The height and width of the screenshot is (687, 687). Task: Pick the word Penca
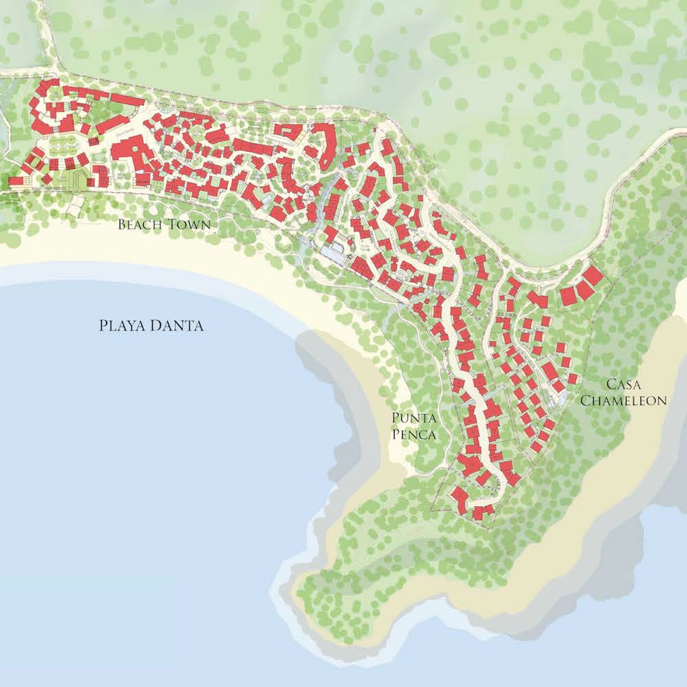click(x=414, y=434)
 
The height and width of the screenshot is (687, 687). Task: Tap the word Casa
click(x=623, y=385)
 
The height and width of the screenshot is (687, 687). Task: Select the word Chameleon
click(x=623, y=400)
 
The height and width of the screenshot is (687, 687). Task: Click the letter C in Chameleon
click(x=585, y=400)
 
